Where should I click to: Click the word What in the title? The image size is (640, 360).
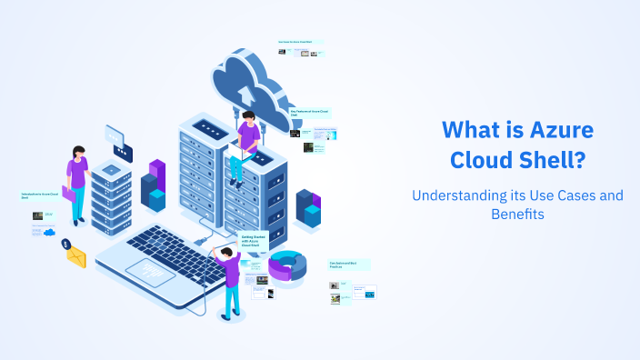tap(473, 130)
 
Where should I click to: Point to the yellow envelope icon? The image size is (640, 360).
tap(75, 257)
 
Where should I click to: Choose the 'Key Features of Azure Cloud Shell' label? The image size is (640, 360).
tap(310, 113)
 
